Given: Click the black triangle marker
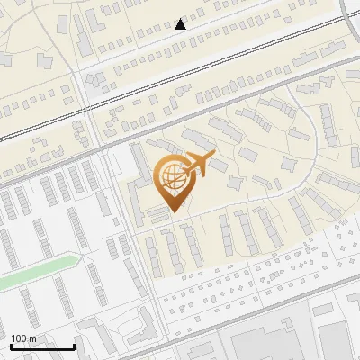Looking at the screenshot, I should [181, 23].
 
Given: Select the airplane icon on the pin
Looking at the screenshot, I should [198, 164].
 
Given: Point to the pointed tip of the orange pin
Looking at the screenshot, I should [173, 212].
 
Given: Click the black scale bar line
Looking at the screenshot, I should [42, 346].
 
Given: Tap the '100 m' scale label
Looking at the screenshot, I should [23, 337].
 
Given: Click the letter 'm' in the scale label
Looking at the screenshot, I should [32, 337].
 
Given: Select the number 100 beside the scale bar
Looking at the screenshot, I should [19, 337].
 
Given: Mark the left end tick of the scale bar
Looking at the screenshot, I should [11, 345].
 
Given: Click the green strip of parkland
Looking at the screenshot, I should [36, 272].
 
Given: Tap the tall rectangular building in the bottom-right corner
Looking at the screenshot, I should [334, 342].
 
